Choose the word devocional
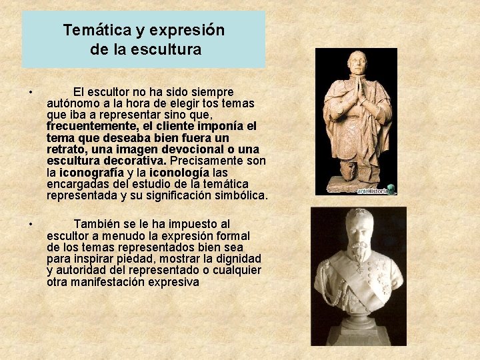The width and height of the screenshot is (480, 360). tap(183, 149)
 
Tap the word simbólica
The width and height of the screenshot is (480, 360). tap(237, 195)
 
